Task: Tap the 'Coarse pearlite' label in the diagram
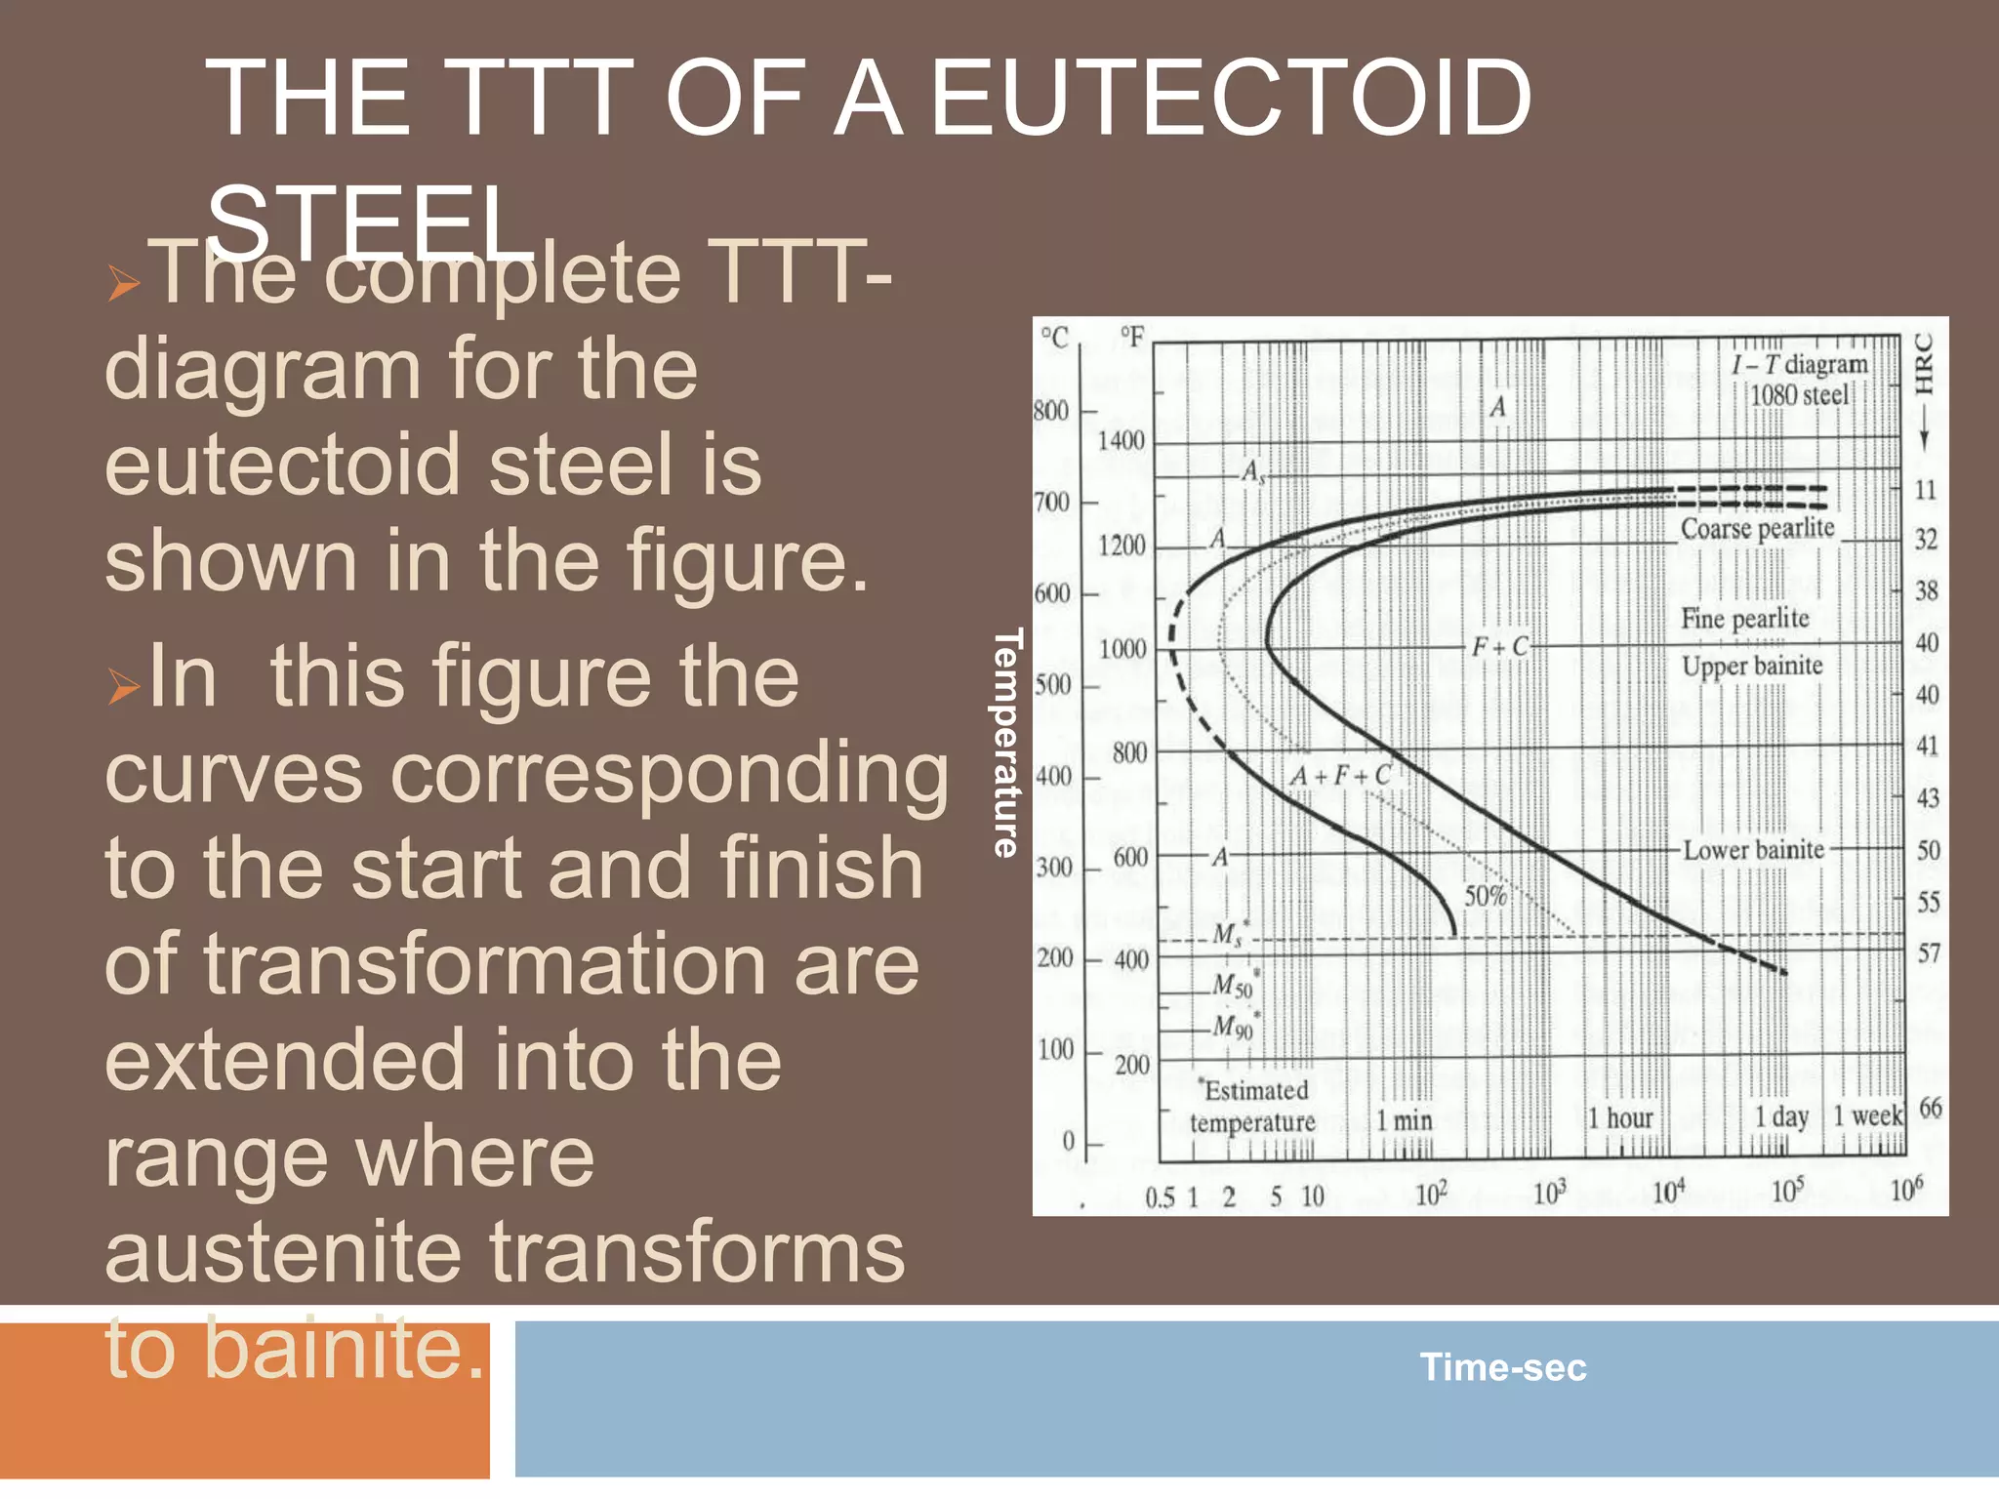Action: point(1757,528)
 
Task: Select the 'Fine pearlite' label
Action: point(1744,618)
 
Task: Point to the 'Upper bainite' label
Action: point(1752,666)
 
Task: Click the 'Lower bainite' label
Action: point(1753,850)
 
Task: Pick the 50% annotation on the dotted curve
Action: point(1485,895)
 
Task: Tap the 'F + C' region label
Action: point(1500,646)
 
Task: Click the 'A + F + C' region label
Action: point(1340,776)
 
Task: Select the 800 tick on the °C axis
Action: point(1051,410)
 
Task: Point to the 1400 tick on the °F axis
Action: point(1121,440)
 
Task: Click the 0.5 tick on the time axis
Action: point(1160,1197)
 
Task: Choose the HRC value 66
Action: point(1930,1108)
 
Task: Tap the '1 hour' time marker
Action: point(1620,1118)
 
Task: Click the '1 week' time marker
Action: point(1867,1115)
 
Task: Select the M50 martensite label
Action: point(1232,986)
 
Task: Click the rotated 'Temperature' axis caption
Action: point(1006,743)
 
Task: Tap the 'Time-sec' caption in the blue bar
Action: point(1502,1366)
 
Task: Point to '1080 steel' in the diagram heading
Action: point(1798,395)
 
